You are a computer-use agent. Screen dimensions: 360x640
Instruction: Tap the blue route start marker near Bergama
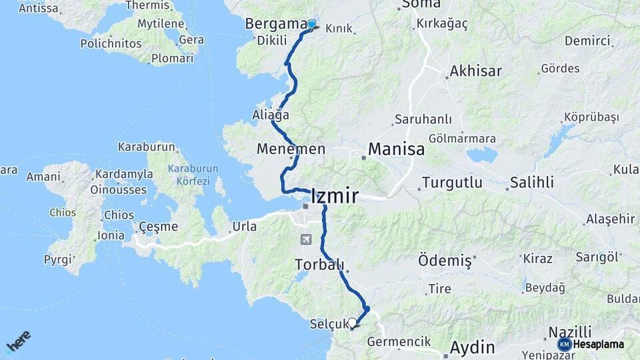311,25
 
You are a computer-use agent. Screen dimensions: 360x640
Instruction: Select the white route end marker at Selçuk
352,323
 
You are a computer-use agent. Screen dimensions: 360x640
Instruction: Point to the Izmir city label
335,196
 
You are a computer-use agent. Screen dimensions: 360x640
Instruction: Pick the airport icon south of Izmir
306,239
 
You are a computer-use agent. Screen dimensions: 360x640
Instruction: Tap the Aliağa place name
271,115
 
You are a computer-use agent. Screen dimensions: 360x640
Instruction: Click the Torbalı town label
320,265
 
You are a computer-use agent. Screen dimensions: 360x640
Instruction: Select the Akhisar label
475,71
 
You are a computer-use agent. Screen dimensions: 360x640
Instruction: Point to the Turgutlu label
451,183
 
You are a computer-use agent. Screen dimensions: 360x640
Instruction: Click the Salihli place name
532,183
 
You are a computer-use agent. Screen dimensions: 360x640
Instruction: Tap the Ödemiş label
445,261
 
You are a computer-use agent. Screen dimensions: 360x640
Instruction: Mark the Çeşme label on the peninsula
158,227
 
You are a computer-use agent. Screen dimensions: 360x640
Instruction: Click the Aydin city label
472,347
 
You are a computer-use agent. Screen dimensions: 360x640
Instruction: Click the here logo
18,341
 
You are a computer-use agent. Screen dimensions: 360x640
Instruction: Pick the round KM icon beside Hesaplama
565,344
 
